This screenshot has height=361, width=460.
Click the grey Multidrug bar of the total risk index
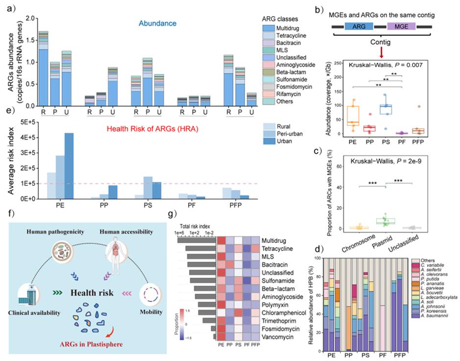(196, 241)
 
